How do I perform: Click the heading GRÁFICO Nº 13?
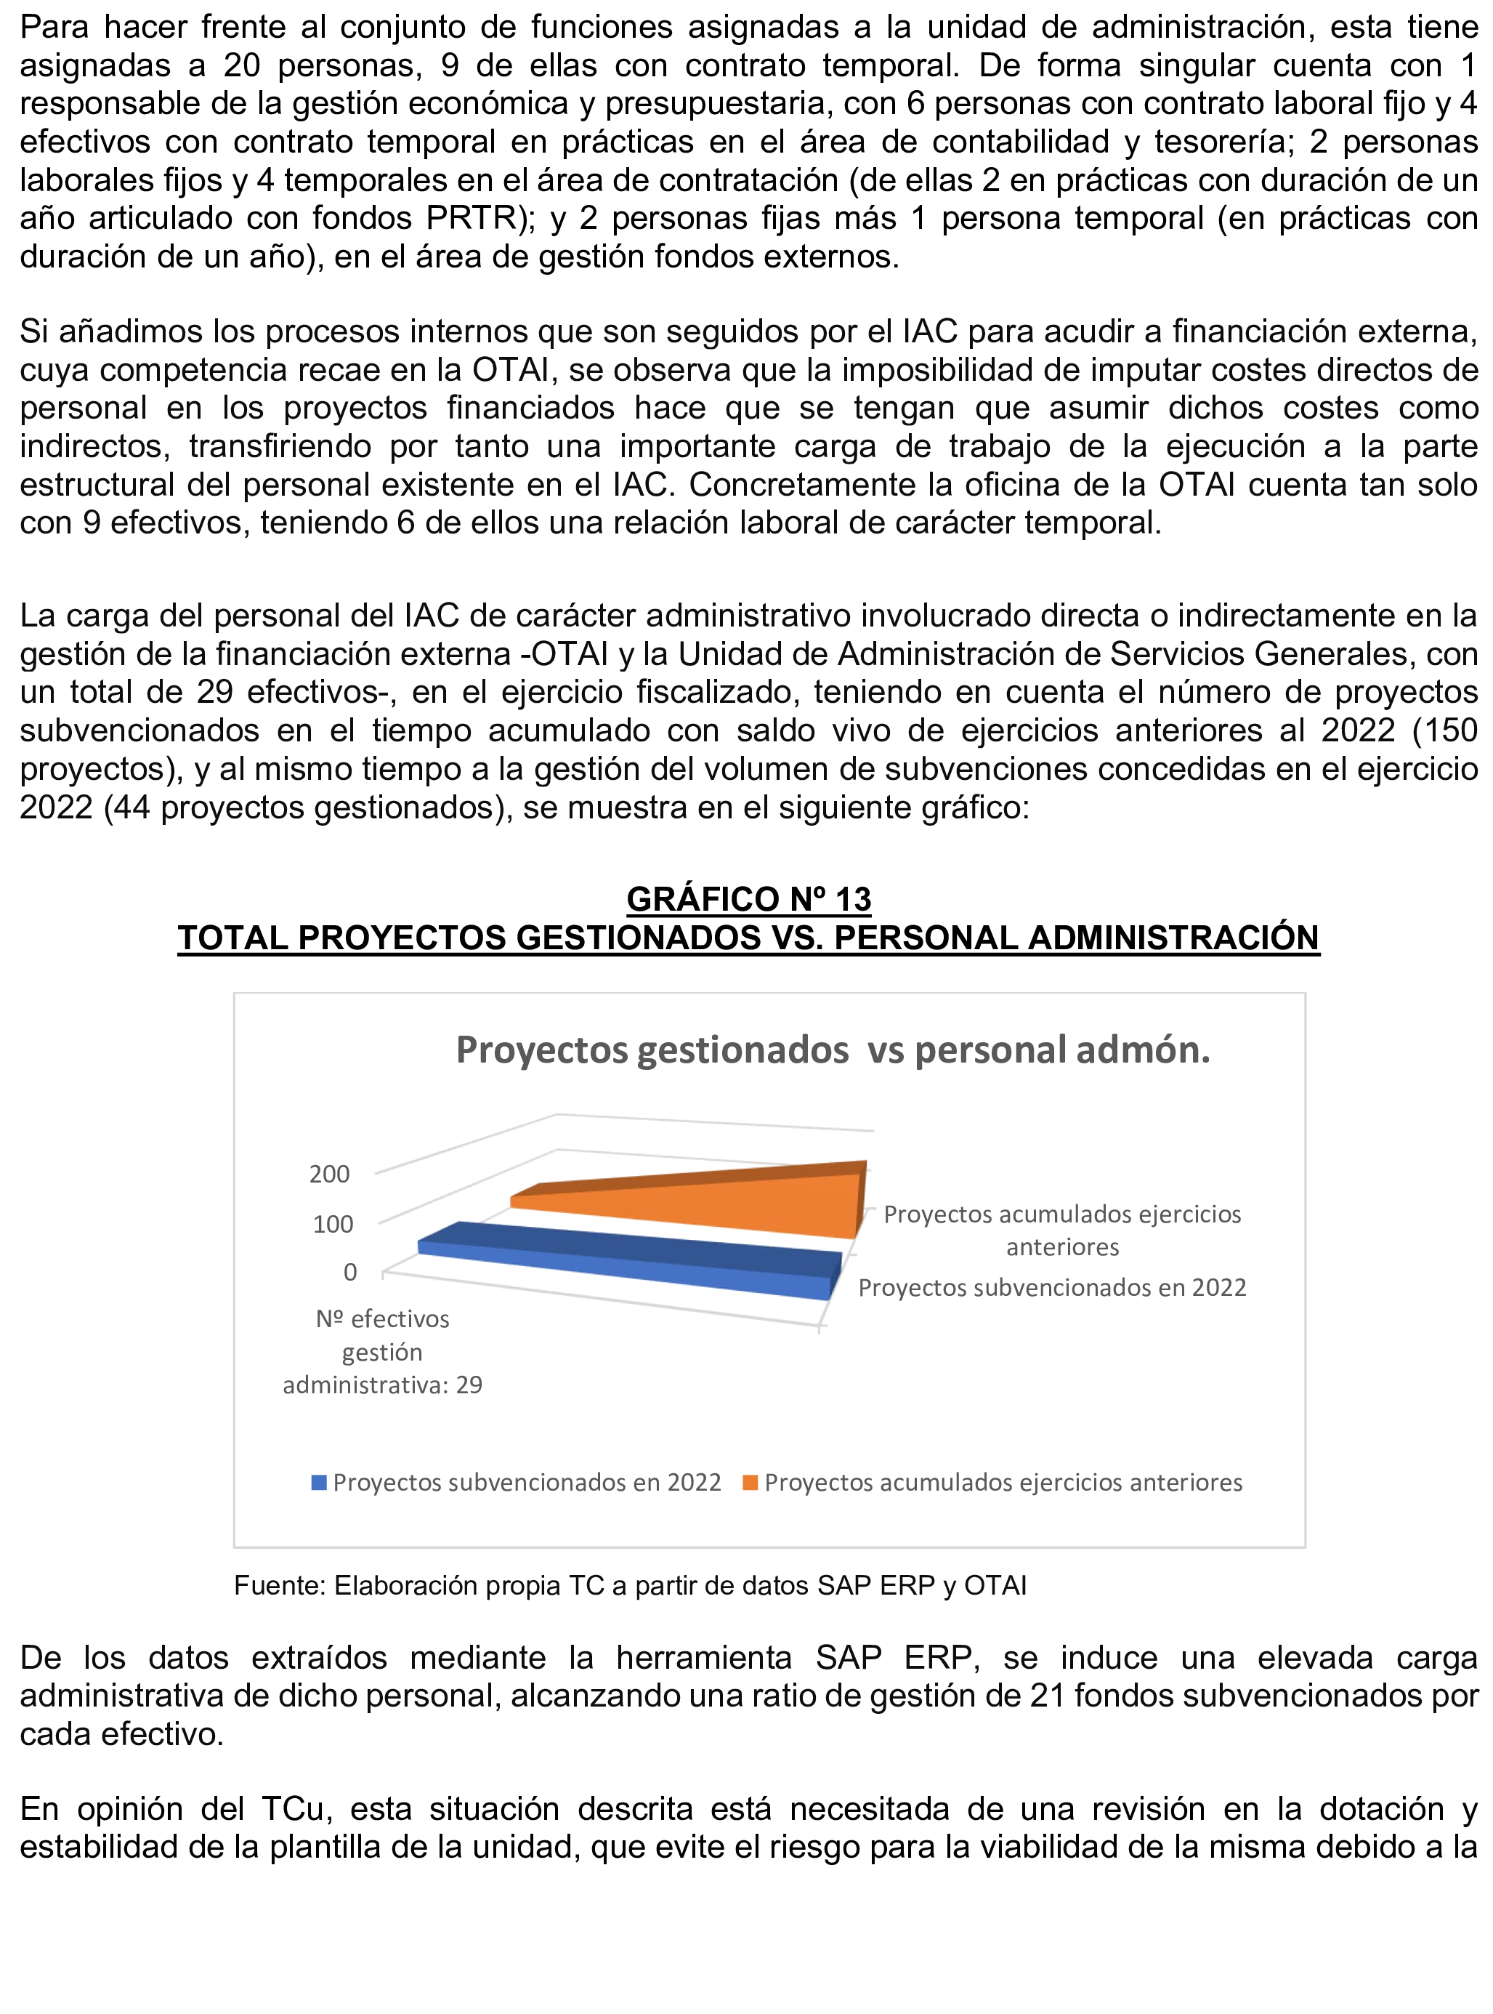[748, 898]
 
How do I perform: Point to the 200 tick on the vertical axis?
[329, 1175]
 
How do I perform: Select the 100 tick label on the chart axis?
[333, 1224]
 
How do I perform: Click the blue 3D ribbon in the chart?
[633, 1259]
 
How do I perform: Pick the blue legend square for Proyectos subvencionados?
[318, 1483]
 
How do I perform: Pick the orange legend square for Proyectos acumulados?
[749, 1483]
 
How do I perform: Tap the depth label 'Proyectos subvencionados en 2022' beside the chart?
[1052, 1287]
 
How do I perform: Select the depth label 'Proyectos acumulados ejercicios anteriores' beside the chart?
[1062, 1230]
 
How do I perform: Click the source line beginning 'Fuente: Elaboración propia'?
[630, 1585]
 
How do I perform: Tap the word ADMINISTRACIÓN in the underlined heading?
[1173, 938]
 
